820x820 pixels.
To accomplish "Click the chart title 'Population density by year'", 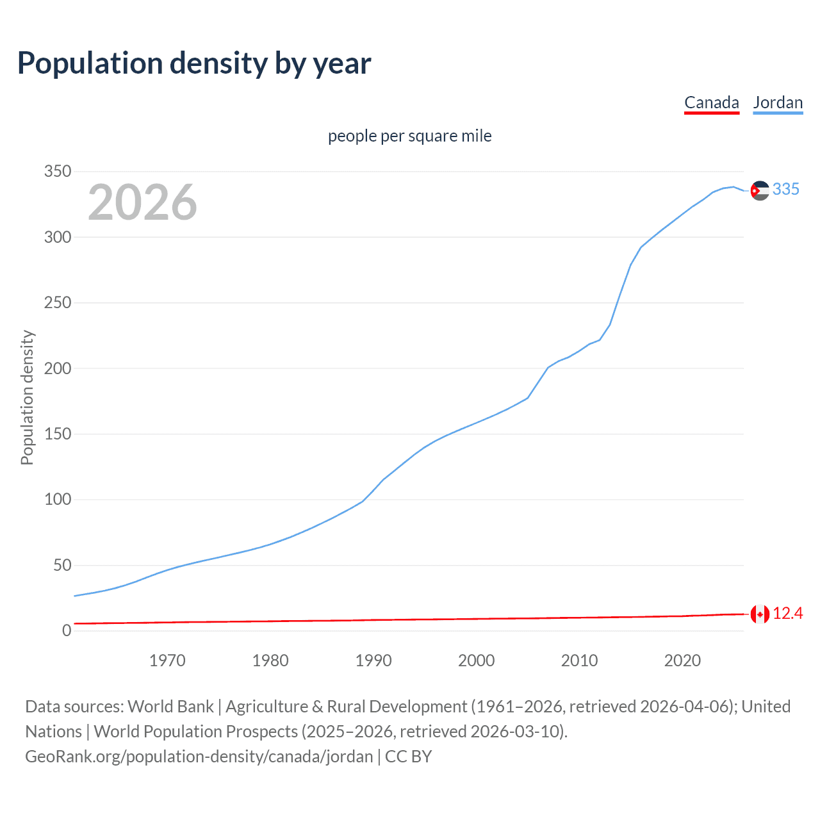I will point(194,63).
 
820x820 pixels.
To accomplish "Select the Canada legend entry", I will point(711,102).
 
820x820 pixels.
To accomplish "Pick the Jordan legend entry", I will point(778,102).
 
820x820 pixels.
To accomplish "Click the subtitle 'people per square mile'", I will point(409,136).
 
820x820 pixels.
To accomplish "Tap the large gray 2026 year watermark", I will point(142,202).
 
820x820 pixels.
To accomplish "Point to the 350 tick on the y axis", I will point(57,172).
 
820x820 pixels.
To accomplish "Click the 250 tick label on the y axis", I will point(57,303).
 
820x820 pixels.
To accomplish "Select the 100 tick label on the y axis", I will point(57,500).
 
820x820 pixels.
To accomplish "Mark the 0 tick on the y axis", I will point(67,631).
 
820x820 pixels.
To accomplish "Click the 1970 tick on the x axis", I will point(167,660).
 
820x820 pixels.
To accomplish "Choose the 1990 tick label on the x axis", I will point(373,660).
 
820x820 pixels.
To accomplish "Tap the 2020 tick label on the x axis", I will point(682,660).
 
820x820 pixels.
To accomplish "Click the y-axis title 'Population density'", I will point(27,397).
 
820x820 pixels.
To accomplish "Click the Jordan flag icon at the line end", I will point(760,190).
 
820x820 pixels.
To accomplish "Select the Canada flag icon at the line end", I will point(760,614).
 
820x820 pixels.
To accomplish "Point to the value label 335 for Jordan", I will point(786,190).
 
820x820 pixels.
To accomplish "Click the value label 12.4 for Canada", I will point(787,614).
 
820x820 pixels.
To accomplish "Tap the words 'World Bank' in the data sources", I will point(170,707).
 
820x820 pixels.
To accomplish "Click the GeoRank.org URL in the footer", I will point(199,757).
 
